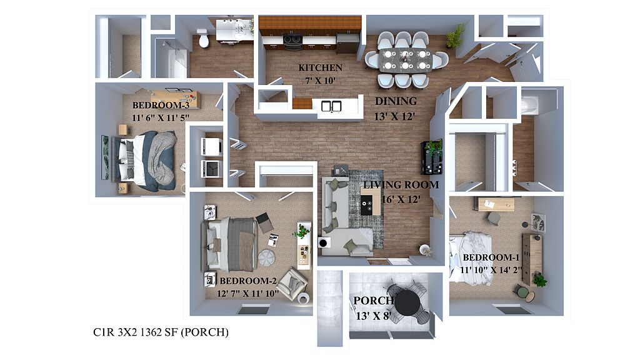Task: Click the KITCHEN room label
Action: pyautogui.click(x=320, y=67)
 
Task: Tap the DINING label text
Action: pyautogui.click(x=396, y=101)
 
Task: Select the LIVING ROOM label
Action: pyautogui.click(x=401, y=185)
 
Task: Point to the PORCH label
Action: pyautogui.click(x=373, y=301)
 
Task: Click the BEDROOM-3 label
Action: pyautogui.click(x=161, y=105)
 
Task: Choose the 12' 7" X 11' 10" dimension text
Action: pyautogui.click(x=247, y=294)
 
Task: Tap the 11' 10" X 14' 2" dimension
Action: pyautogui.click(x=491, y=270)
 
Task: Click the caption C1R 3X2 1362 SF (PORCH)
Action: pyautogui.click(x=161, y=332)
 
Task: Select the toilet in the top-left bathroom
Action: pyautogui.click(x=202, y=38)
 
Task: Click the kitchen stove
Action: pyautogui.click(x=292, y=42)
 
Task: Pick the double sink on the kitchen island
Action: pyautogui.click(x=331, y=106)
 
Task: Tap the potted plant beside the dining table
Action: pyautogui.click(x=456, y=36)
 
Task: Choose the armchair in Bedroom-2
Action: pyautogui.click(x=294, y=282)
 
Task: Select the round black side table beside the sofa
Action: pyautogui.click(x=323, y=243)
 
